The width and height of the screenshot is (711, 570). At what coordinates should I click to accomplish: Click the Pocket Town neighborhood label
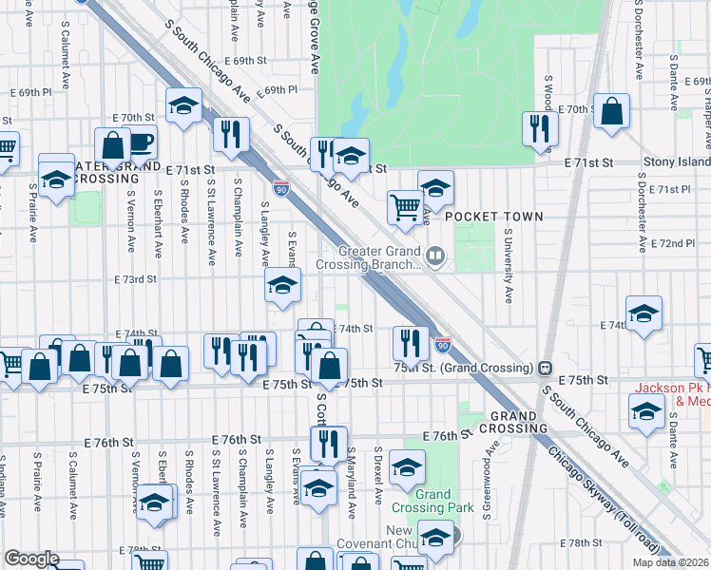tap(494, 217)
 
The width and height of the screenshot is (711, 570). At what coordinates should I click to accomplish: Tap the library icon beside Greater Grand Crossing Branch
tap(435, 254)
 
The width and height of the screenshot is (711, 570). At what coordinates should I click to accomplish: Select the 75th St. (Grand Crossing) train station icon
tap(546, 368)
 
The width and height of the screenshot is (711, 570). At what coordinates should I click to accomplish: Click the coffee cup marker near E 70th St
tap(140, 142)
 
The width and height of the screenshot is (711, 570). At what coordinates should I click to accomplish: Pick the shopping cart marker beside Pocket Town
tap(406, 206)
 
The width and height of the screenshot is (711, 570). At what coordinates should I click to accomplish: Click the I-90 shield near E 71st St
tap(280, 188)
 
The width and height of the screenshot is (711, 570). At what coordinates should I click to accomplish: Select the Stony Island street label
tap(676, 162)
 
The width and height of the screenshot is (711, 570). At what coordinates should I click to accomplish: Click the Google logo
tap(31, 559)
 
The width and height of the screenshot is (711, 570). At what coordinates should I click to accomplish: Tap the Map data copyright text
tap(669, 562)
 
